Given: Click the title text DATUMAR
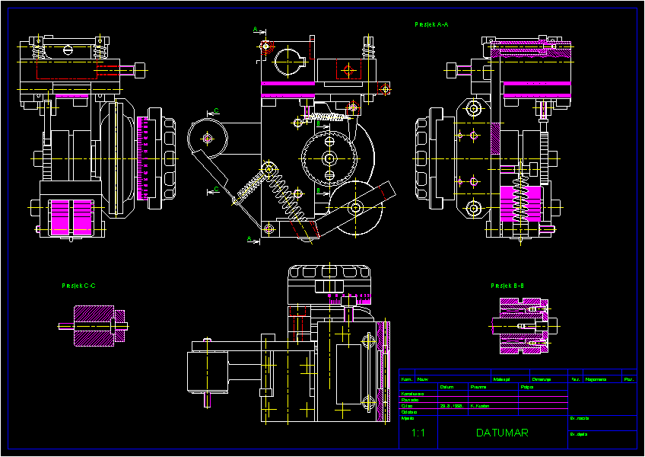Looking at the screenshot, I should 502,433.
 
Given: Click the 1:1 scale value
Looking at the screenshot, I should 418,433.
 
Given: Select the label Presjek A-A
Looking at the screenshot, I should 431,25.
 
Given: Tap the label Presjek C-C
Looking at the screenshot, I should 78,286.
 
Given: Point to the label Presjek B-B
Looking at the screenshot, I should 507,286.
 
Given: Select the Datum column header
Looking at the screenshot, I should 447,386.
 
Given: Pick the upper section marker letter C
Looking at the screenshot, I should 216,111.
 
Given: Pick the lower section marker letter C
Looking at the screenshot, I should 216,187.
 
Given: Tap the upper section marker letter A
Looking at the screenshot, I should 255,29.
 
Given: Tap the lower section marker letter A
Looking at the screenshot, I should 249,238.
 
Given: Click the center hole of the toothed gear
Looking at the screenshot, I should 329,158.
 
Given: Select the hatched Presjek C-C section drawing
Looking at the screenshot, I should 93,326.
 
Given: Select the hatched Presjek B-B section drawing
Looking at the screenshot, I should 523,326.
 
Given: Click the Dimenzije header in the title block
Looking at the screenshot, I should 541,379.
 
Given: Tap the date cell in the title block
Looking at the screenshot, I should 451,406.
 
